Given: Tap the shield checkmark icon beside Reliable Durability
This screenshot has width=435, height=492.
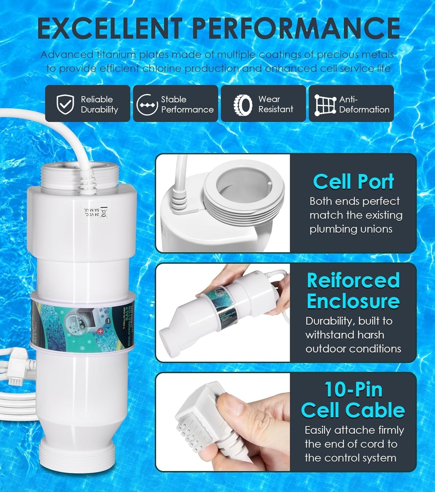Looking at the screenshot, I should pos(65,104).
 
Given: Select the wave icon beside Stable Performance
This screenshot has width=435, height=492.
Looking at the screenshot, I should pos(147,105).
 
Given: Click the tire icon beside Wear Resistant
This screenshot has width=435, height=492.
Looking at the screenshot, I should pos(243,105).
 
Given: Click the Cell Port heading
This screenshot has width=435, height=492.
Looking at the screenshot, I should pos(353,182).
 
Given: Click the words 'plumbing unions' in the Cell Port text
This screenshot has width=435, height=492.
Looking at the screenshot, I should pos(351,229).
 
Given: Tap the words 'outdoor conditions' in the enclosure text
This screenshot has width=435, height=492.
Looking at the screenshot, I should pos(353,349).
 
